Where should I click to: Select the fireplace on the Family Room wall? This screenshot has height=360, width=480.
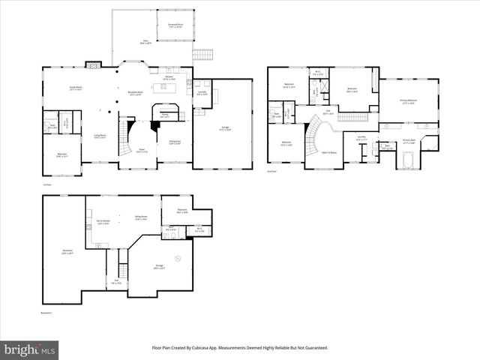click(93, 65)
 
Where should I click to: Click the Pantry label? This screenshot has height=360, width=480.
click(164, 115)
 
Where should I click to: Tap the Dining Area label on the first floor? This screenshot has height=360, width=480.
click(175, 142)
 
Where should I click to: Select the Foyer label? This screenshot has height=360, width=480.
click(141, 151)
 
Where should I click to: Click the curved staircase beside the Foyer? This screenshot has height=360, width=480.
click(126, 139)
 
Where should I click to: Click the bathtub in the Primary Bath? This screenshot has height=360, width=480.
click(409, 160)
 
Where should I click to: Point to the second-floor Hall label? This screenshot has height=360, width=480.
click(327, 113)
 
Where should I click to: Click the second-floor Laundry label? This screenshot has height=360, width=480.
click(361, 137)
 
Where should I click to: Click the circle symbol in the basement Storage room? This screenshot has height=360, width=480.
click(177, 259)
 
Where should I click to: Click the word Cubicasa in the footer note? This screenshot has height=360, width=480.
click(214, 347)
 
